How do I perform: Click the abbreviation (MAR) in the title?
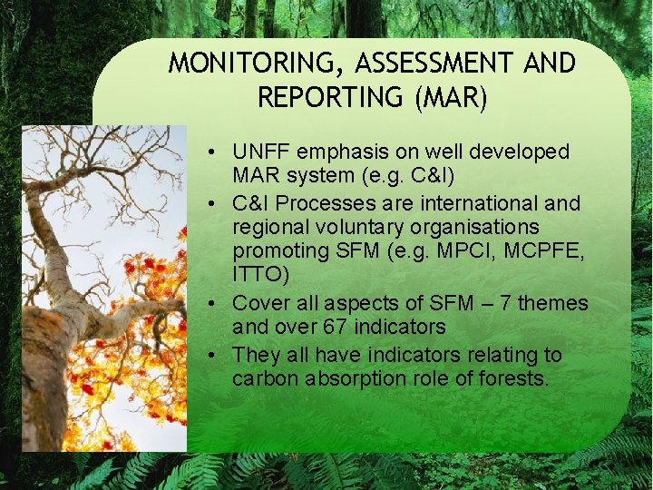(x=450, y=97)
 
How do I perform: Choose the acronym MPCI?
(x=447, y=250)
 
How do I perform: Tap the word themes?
(x=554, y=302)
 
